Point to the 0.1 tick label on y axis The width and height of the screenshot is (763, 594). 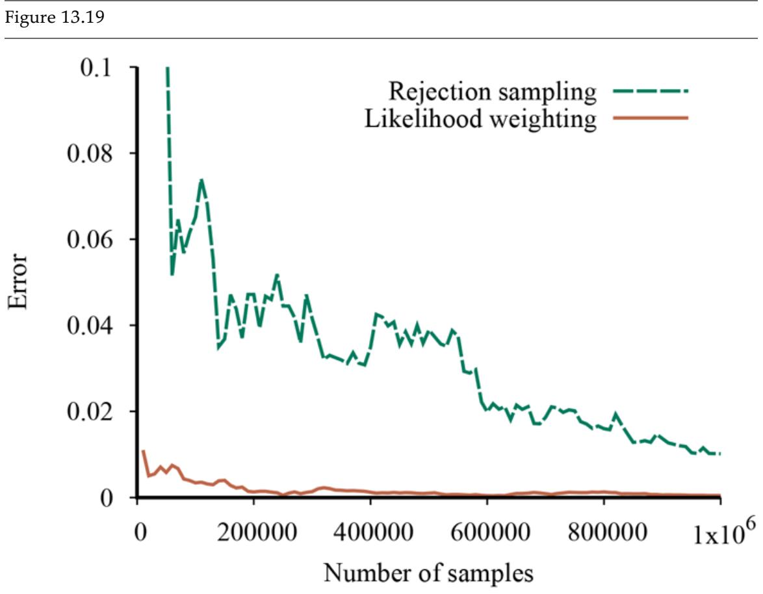point(98,68)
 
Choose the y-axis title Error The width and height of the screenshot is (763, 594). point(19,283)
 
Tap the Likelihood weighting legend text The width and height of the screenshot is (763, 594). point(481,119)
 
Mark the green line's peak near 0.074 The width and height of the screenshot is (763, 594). point(201,179)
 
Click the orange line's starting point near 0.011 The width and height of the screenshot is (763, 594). point(143,451)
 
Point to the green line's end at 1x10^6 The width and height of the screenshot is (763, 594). point(720,454)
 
